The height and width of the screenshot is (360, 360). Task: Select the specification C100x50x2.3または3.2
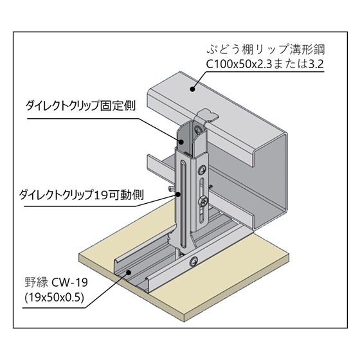[x=265, y=64]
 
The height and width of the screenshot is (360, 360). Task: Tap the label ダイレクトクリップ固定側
[x=80, y=105]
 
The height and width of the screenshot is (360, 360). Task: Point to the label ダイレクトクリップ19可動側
[x=82, y=195]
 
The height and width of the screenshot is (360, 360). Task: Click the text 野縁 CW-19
[x=57, y=282]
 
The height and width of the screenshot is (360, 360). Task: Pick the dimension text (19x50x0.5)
[x=54, y=298]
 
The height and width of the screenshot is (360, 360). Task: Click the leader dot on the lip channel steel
[x=192, y=89]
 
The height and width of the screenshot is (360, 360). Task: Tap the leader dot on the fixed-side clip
[x=181, y=141]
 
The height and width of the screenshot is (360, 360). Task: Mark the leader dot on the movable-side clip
[x=177, y=194]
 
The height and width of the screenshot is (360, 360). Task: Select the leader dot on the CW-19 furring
[x=129, y=273]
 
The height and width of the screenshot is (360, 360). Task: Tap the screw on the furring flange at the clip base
[x=194, y=261]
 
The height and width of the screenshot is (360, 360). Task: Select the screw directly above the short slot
[x=203, y=170]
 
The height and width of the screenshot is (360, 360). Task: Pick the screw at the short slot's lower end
[x=204, y=201]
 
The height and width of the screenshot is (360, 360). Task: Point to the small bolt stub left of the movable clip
[x=171, y=190]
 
